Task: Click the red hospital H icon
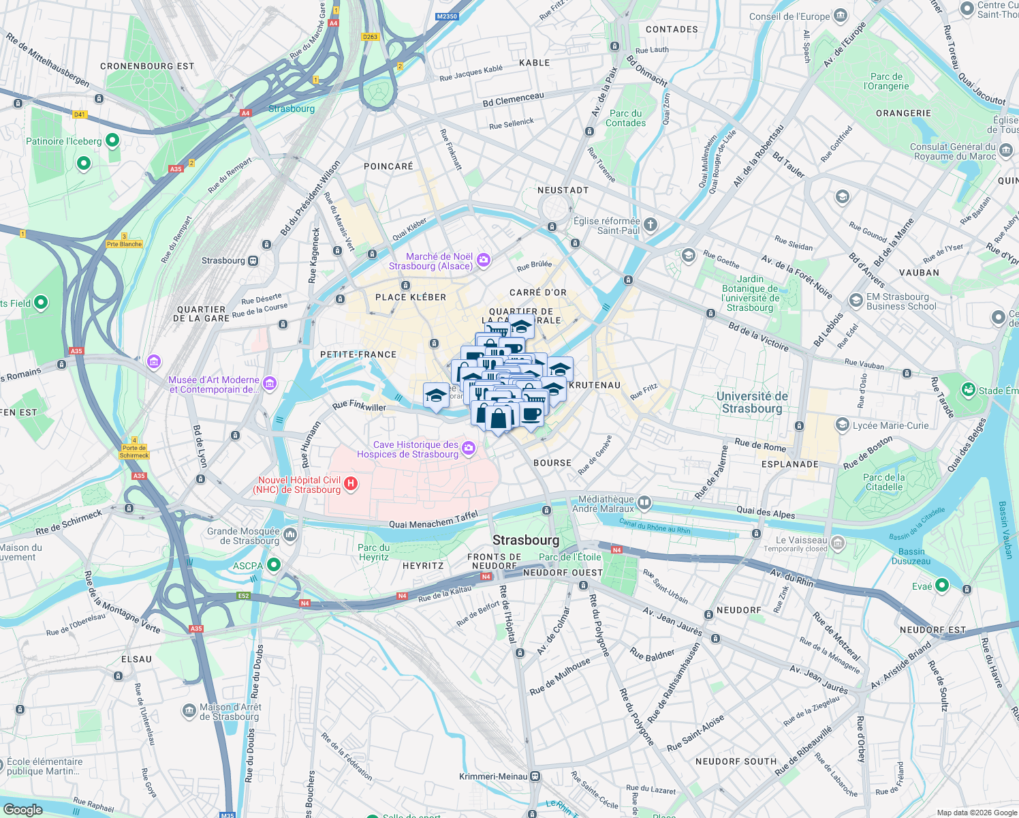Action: pos(351,484)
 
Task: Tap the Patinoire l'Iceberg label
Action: pos(63,142)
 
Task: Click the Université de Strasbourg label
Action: pos(752,402)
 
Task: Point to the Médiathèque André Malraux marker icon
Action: pos(644,504)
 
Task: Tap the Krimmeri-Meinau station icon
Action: pos(535,776)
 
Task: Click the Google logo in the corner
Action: pos(22,809)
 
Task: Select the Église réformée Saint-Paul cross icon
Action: pos(650,224)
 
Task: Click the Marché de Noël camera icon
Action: pos(484,259)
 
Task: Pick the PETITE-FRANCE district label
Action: pos(358,354)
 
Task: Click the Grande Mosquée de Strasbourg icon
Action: pos(290,534)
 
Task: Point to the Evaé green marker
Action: pos(942,585)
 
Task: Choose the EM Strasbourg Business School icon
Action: pos(856,300)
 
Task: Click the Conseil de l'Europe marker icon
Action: pos(841,16)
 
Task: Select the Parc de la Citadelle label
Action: pos(884,482)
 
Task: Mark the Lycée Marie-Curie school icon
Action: pos(842,425)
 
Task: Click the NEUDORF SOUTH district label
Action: pos(736,761)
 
